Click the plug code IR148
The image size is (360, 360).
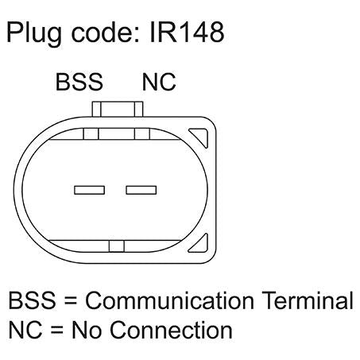pos(187,32)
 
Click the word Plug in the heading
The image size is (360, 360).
pos(34,33)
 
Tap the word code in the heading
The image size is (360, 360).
pos(105,33)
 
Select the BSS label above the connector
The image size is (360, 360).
pos(79,82)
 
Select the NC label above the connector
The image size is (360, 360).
pos(159,82)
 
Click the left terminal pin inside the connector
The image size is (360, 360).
pos(90,190)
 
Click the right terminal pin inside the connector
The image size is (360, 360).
pos(141,190)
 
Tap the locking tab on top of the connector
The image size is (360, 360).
pos(118,109)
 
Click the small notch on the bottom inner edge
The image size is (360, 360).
pos(117,246)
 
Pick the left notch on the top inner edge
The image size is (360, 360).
pos(91,134)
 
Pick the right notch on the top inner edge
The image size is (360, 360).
pos(142,134)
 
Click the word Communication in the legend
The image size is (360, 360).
pos(169,300)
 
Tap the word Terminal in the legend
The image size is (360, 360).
pos(308,300)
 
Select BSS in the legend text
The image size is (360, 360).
pos(33,300)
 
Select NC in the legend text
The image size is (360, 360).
pos(25,329)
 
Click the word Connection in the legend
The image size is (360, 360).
pos(171,329)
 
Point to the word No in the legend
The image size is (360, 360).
pos(87,329)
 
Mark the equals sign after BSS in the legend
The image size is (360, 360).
pos(71,300)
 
